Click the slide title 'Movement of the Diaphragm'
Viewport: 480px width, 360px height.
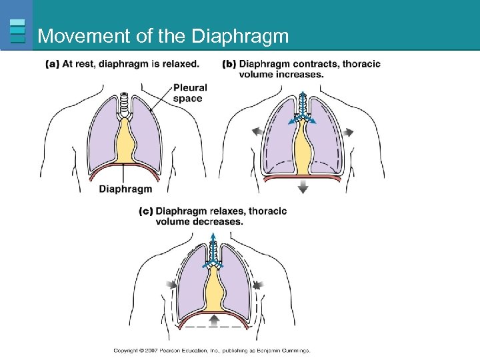click(x=163, y=36)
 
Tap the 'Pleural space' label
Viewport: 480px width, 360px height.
click(x=189, y=93)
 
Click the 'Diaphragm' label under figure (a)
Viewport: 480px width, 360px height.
click(x=125, y=189)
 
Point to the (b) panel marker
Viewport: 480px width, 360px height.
click(x=229, y=64)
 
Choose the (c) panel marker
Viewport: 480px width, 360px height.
click(x=145, y=211)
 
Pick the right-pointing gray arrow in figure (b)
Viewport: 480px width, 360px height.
click(x=349, y=131)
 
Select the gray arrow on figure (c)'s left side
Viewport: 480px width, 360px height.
click(x=171, y=285)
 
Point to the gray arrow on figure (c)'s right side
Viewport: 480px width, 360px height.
click(x=256, y=285)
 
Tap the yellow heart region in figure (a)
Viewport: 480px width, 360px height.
click(x=125, y=143)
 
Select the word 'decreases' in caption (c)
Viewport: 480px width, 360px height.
click(x=220, y=221)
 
